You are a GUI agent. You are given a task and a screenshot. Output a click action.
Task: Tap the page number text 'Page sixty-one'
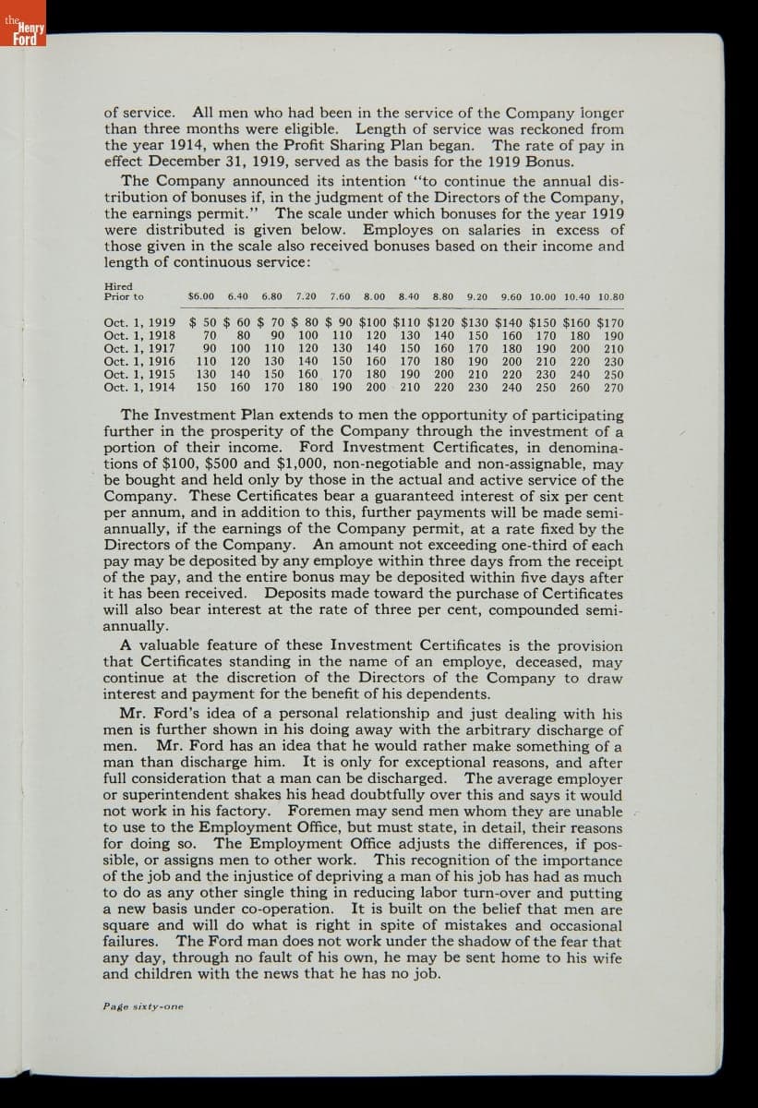coord(143,1006)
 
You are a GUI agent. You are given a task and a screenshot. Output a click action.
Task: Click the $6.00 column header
coord(200,297)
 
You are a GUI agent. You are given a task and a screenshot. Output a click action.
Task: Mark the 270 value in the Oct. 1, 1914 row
coord(613,388)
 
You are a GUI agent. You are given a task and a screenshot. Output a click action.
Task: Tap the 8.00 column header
coord(374,297)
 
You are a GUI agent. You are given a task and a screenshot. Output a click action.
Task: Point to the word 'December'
coord(186,162)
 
